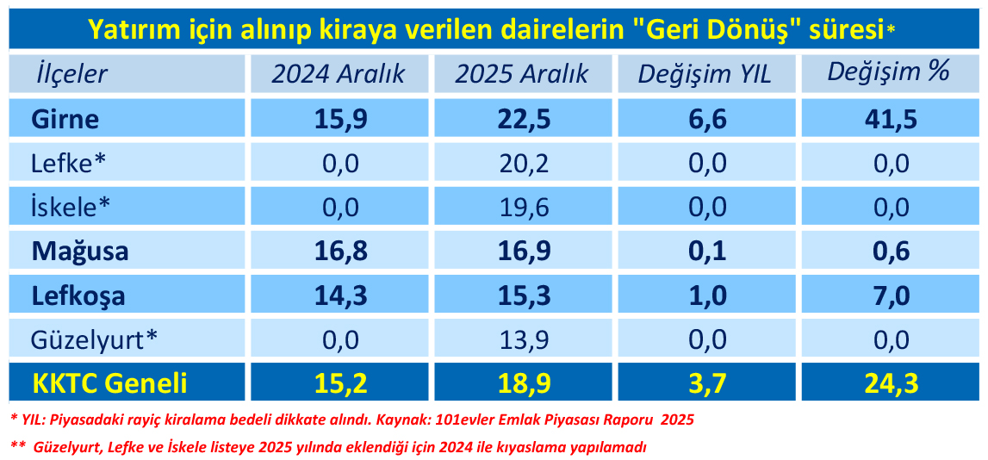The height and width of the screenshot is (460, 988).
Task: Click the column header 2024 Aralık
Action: click(x=339, y=74)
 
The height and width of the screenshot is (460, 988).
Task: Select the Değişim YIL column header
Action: click(x=705, y=74)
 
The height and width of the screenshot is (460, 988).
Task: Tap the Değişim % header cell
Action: click(x=888, y=72)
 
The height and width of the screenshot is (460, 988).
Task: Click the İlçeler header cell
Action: click(x=71, y=74)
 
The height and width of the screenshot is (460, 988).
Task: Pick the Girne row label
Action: click(x=65, y=119)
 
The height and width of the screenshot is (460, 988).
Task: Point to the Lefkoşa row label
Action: click(x=78, y=295)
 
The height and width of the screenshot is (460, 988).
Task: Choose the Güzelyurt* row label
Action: click(x=94, y=340)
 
